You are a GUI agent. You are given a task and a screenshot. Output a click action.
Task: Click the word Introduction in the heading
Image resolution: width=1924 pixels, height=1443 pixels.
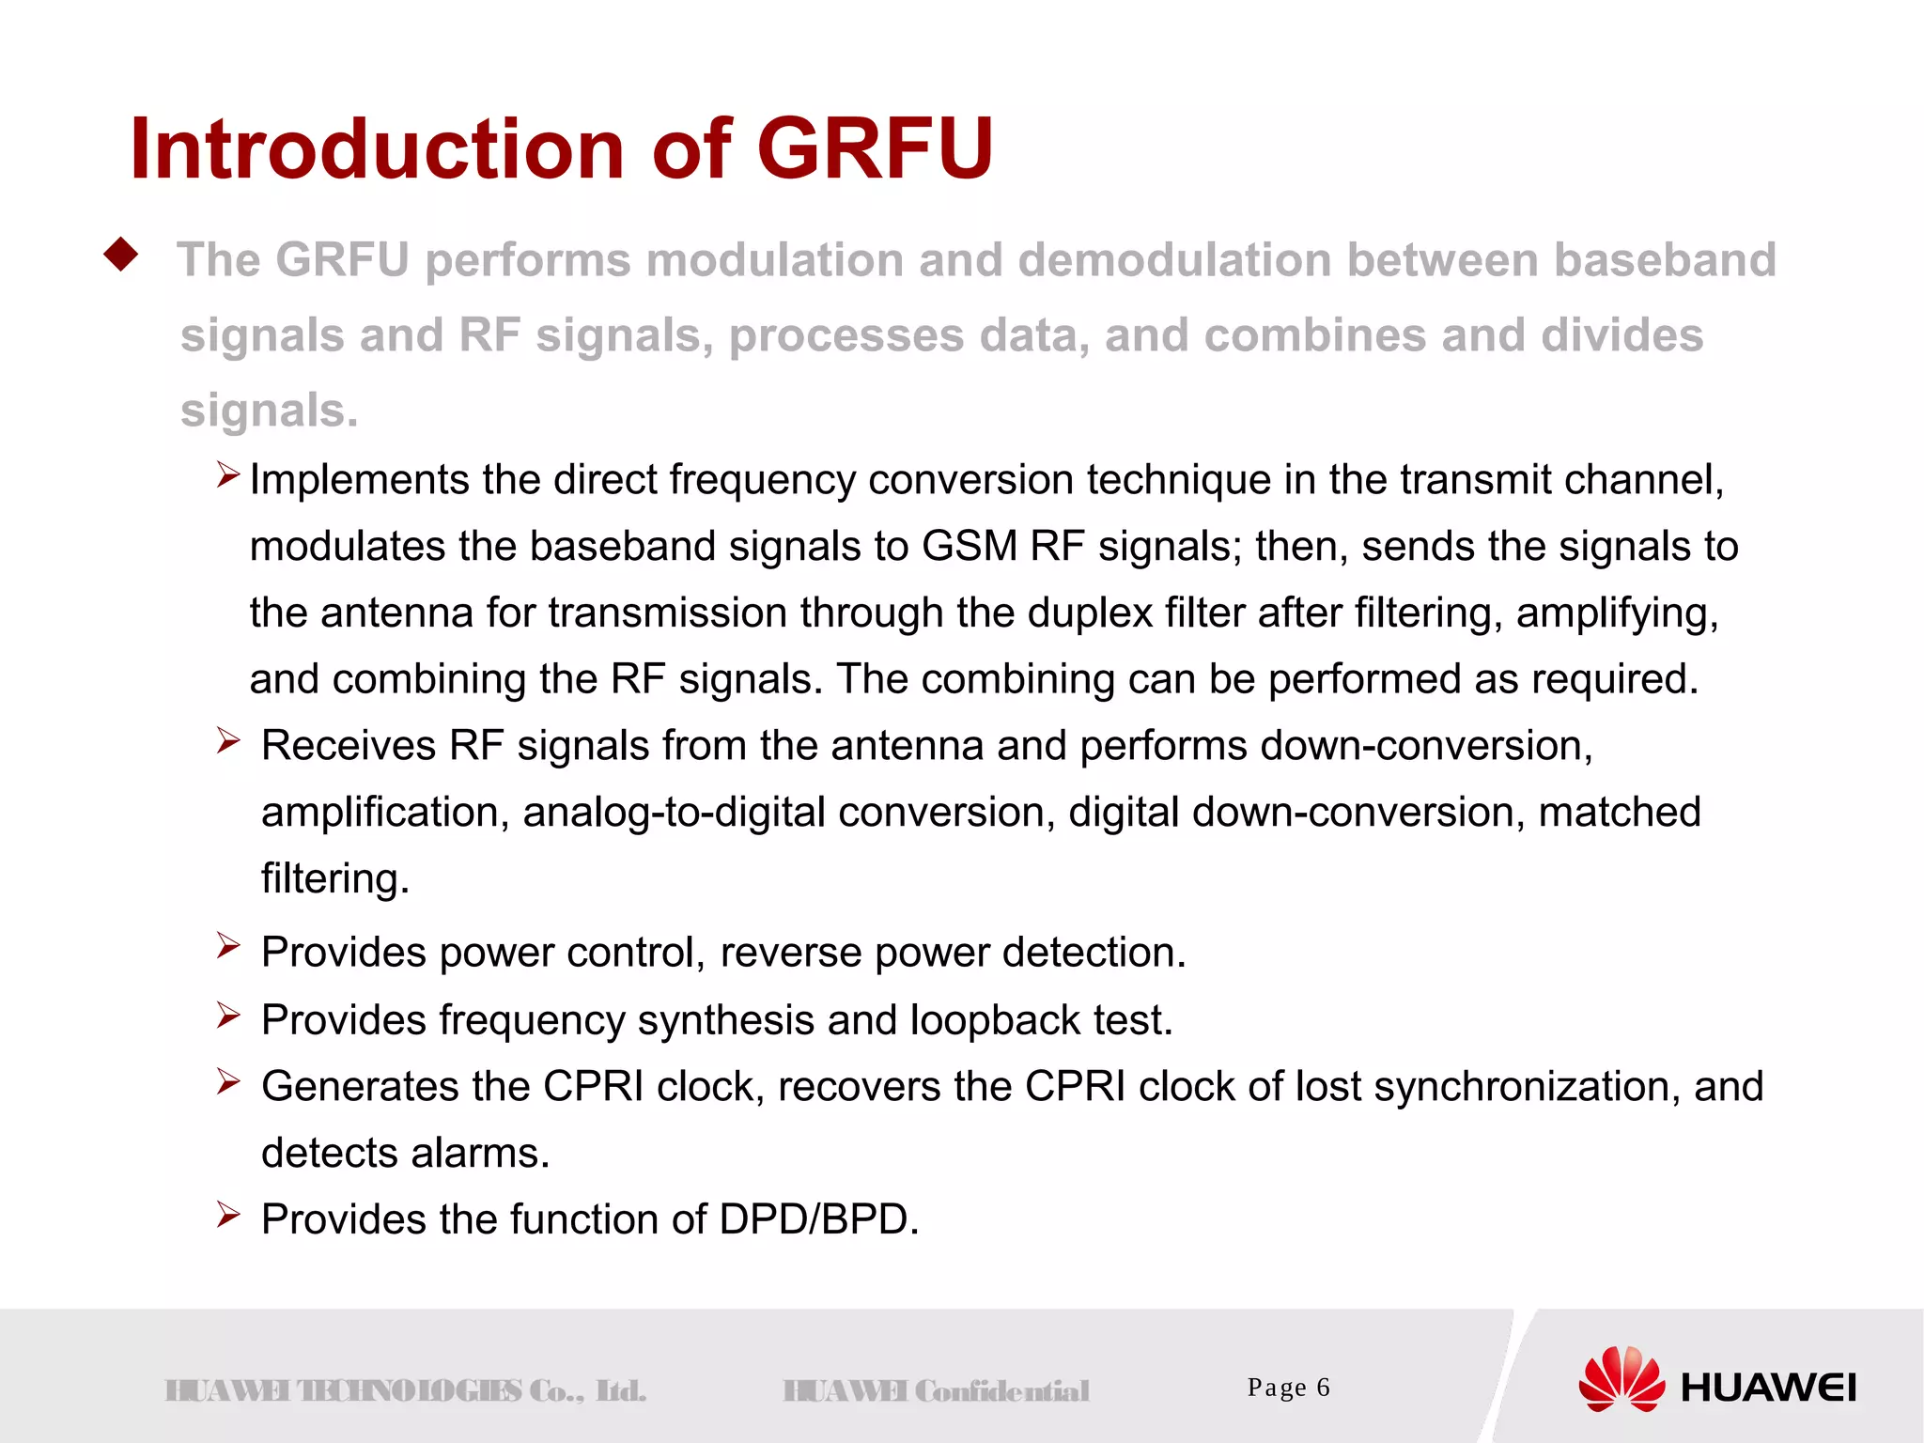376,148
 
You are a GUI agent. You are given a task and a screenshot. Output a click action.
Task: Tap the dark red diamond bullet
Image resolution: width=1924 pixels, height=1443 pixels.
122,254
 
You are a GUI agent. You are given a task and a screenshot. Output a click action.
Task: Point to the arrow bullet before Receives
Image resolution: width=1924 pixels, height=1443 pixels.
228,741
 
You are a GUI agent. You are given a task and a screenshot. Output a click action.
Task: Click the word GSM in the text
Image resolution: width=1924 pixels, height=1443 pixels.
970,547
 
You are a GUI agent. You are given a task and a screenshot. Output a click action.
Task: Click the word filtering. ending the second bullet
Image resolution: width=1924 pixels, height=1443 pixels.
335,879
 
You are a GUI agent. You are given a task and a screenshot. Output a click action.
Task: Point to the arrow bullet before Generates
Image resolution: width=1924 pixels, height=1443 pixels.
228,1081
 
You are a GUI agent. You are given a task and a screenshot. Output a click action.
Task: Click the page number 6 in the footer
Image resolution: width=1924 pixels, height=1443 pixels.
1323,1388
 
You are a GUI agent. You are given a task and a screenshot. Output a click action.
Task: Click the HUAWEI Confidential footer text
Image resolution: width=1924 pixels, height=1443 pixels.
936,1391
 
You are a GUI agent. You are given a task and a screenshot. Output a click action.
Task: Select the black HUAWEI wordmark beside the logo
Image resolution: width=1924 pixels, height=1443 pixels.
1768,1389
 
